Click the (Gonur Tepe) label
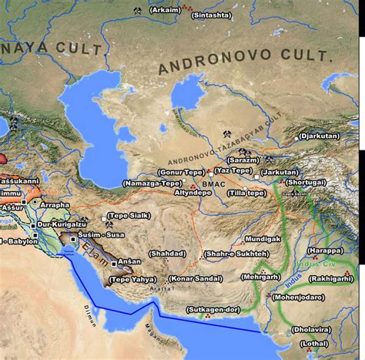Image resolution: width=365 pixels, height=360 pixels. [182, 171]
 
